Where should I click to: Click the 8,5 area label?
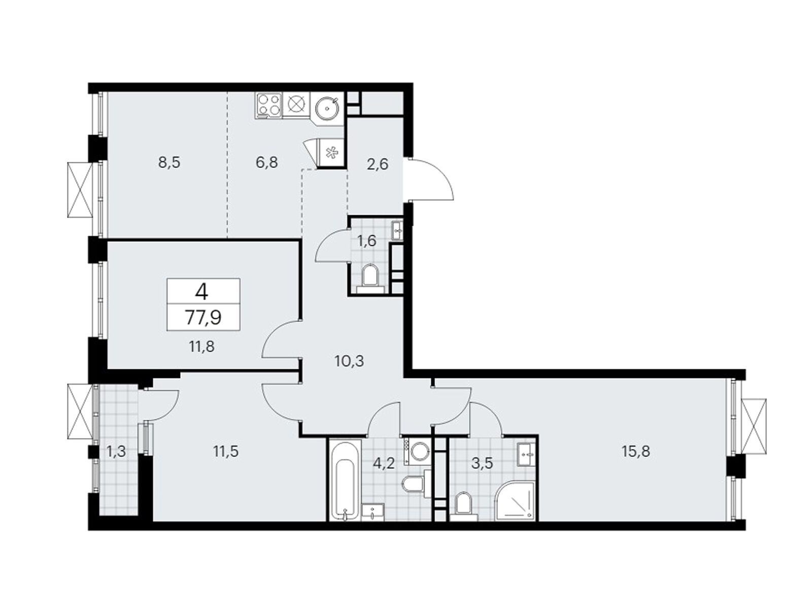pyautogui.click(x=169, y=162)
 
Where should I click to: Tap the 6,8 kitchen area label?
pyautogui.click(x=267, y=162)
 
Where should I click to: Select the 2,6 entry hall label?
pyautogui.click(x=378, y=163)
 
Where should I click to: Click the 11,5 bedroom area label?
pyautogui.click(x=226, y=452)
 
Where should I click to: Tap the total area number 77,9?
pyautogui.click(x=203, y=317)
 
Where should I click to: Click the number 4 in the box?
pyautogui.click(x=202, y=292)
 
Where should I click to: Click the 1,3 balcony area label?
pyautogui.click(x=116, y=452)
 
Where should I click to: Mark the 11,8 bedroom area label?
pyautogui.click(x=202, y=347)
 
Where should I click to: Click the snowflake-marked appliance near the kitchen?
pyautogui.click(x=331, y=152)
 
